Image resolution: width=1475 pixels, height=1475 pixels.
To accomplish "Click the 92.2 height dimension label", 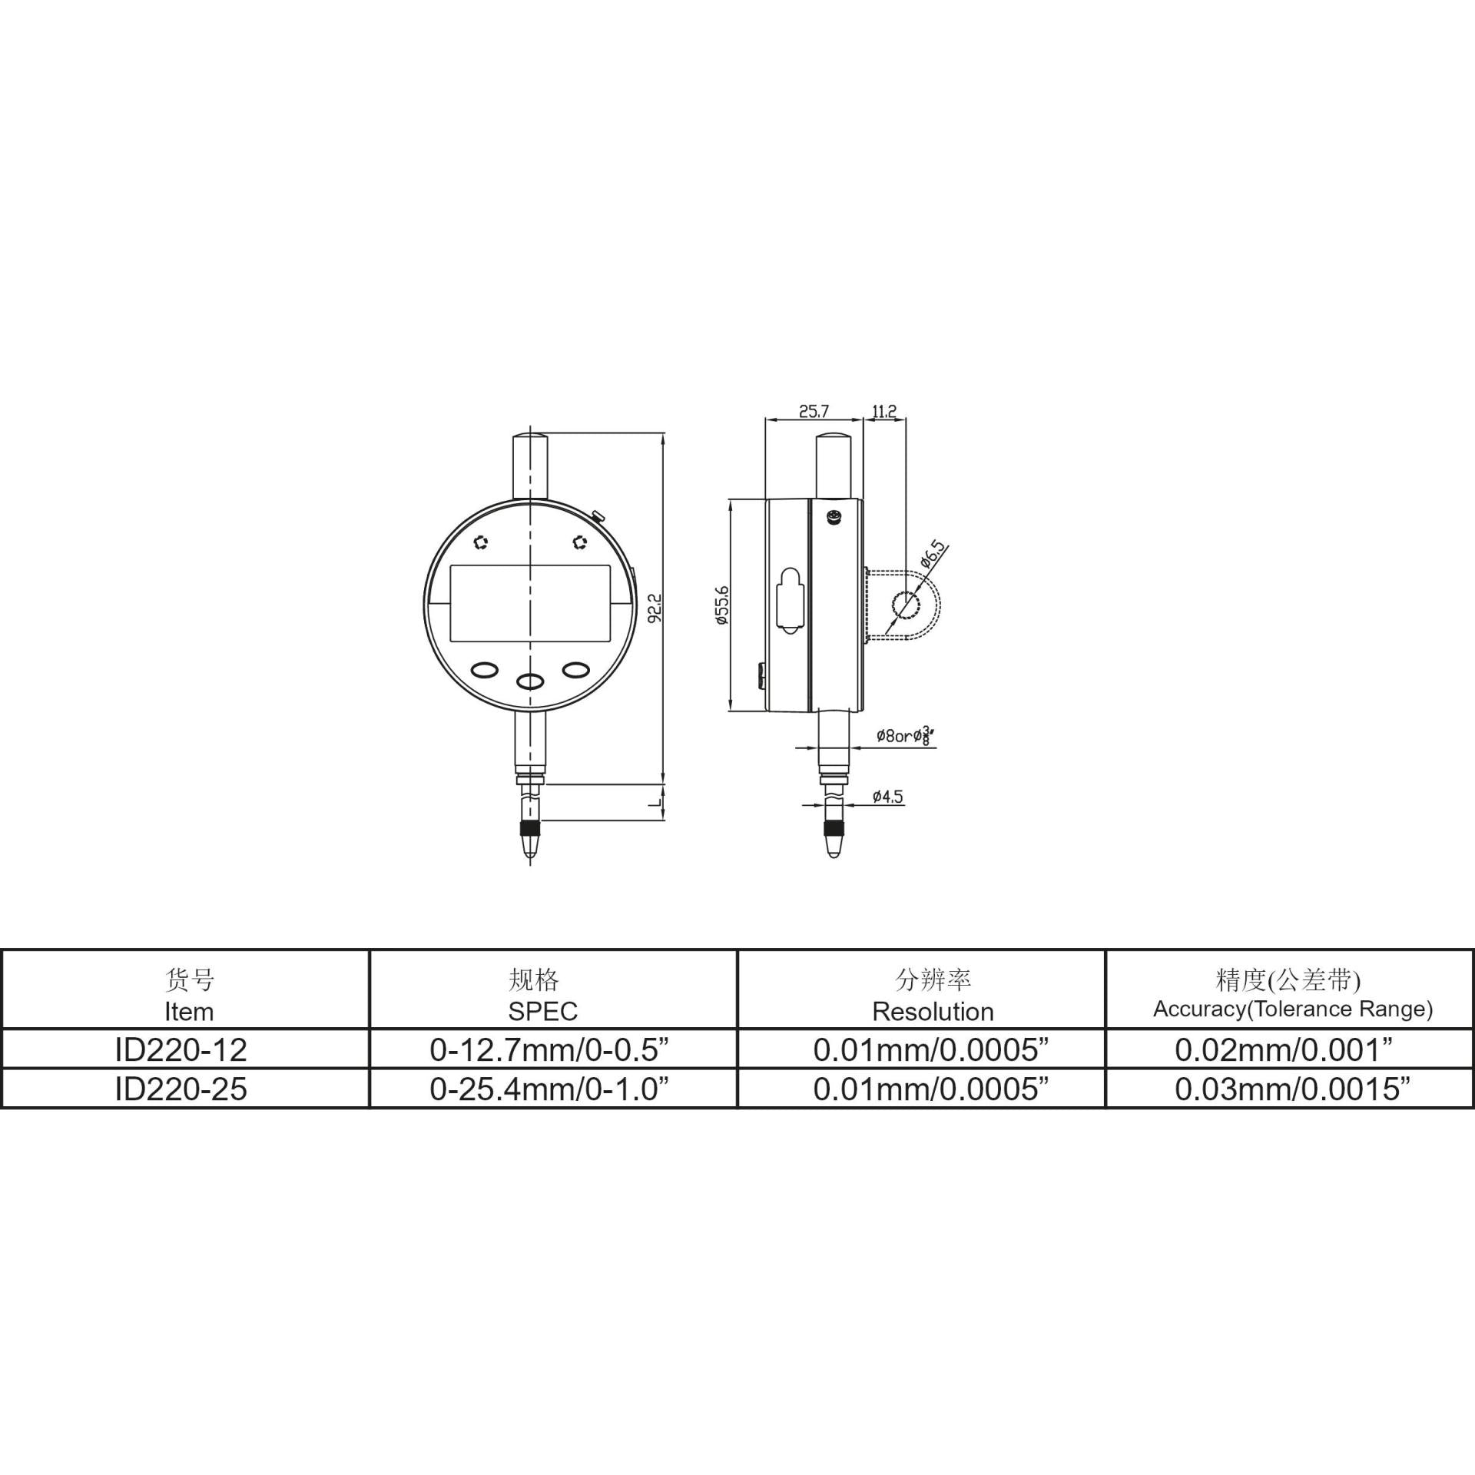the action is (655, 607).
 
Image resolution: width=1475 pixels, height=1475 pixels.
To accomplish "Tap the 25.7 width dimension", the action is (814, 411).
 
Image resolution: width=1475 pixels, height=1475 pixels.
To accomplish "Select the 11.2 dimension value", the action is (884, 411).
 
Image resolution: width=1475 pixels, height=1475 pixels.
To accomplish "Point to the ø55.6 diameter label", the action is (722, 605).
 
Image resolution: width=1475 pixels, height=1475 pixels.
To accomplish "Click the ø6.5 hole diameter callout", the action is (933, 555).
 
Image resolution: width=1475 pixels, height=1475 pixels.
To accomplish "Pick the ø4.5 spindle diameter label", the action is (888, 797).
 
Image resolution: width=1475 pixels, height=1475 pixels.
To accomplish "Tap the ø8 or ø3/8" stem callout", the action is (907, 735).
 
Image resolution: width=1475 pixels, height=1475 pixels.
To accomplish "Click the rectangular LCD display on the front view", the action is (530, 604).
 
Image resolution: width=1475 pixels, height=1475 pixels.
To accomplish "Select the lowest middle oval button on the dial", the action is (530, 681).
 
